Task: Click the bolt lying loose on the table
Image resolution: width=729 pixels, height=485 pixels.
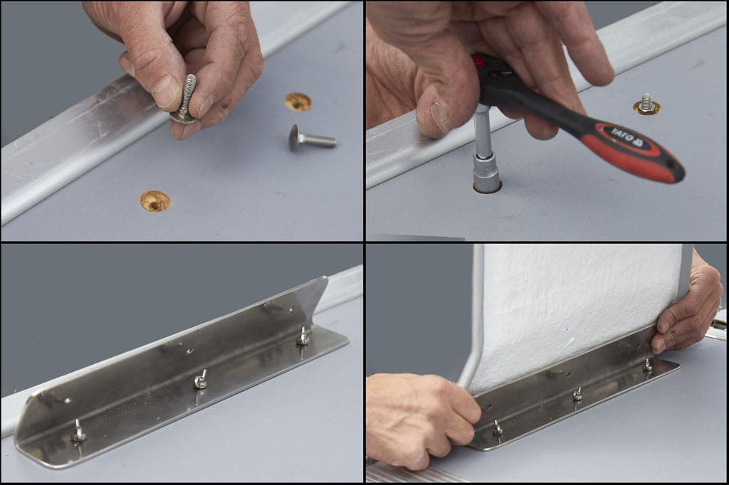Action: pyautogui.click(x=312, y=138)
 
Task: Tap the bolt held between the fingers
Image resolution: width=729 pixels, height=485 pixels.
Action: pyautogui.click(x=184, y=100)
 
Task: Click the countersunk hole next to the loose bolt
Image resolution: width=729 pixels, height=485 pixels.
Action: pyautogui.click(x=298, y=102)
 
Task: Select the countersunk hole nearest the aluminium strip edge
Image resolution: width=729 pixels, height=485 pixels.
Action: pyautogui.click(x=154, y=201)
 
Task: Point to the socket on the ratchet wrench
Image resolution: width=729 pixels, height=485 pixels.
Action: pyautogui.click(x=486, y=174)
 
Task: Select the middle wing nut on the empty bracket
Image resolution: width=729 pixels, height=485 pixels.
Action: pyautogui.click(x=200, y=380)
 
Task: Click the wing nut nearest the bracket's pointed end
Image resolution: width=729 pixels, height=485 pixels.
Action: pyautogui.click(x=303, y=336)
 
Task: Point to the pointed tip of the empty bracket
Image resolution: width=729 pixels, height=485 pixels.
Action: pyautogui.click(x=327, y=278)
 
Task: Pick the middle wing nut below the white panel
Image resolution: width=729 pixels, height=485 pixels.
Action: pyautogui.click(x=577, y=395)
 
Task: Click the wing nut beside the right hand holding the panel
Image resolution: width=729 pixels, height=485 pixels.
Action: pyautogui.click(x=647, y=365)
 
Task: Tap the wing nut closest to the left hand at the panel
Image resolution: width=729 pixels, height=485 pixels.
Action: pyautogui.click(x=498, y=428)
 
